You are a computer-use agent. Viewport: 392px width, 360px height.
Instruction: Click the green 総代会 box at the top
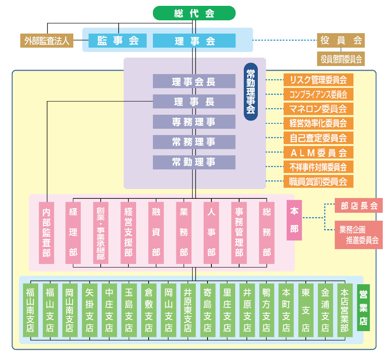[x=194, y=13]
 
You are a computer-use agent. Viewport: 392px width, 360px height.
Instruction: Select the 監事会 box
[x=118, y=41]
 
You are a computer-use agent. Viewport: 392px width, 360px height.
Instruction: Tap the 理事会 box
[x=194, y=41]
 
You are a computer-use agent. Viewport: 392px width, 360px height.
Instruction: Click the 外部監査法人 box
[x=46, y=41]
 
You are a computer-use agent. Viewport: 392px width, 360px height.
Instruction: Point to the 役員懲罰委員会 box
[x=341, y=59]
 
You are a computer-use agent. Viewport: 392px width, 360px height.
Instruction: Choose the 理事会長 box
[x=194, y=81]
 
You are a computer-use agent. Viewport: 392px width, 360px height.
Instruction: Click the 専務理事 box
[x=194, y=122]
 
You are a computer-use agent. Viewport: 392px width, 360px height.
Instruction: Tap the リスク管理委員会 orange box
[x=318, y=80]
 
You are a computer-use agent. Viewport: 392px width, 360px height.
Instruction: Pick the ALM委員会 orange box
[x=318, y=152]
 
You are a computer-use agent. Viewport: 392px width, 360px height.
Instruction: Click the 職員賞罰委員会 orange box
[x=318, y=181]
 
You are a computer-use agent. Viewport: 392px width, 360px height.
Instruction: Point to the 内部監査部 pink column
[x=46, y=233]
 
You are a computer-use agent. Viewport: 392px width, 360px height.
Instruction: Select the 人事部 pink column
[x=211, y=233]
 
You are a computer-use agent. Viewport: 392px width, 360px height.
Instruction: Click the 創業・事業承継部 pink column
[x=101, y=233]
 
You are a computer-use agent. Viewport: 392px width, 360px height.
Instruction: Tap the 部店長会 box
[x=358, y=206]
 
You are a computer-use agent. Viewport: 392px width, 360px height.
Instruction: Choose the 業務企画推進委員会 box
[x=358, y=235]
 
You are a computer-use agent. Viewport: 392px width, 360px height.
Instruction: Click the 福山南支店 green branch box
[x=30, y=310]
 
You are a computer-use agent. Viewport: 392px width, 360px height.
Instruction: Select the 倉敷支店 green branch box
[x=148, y=310]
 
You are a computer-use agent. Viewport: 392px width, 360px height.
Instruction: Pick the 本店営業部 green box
[x=344, y=310]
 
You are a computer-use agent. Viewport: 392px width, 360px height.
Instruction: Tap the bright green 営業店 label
[x=363, y=307]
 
